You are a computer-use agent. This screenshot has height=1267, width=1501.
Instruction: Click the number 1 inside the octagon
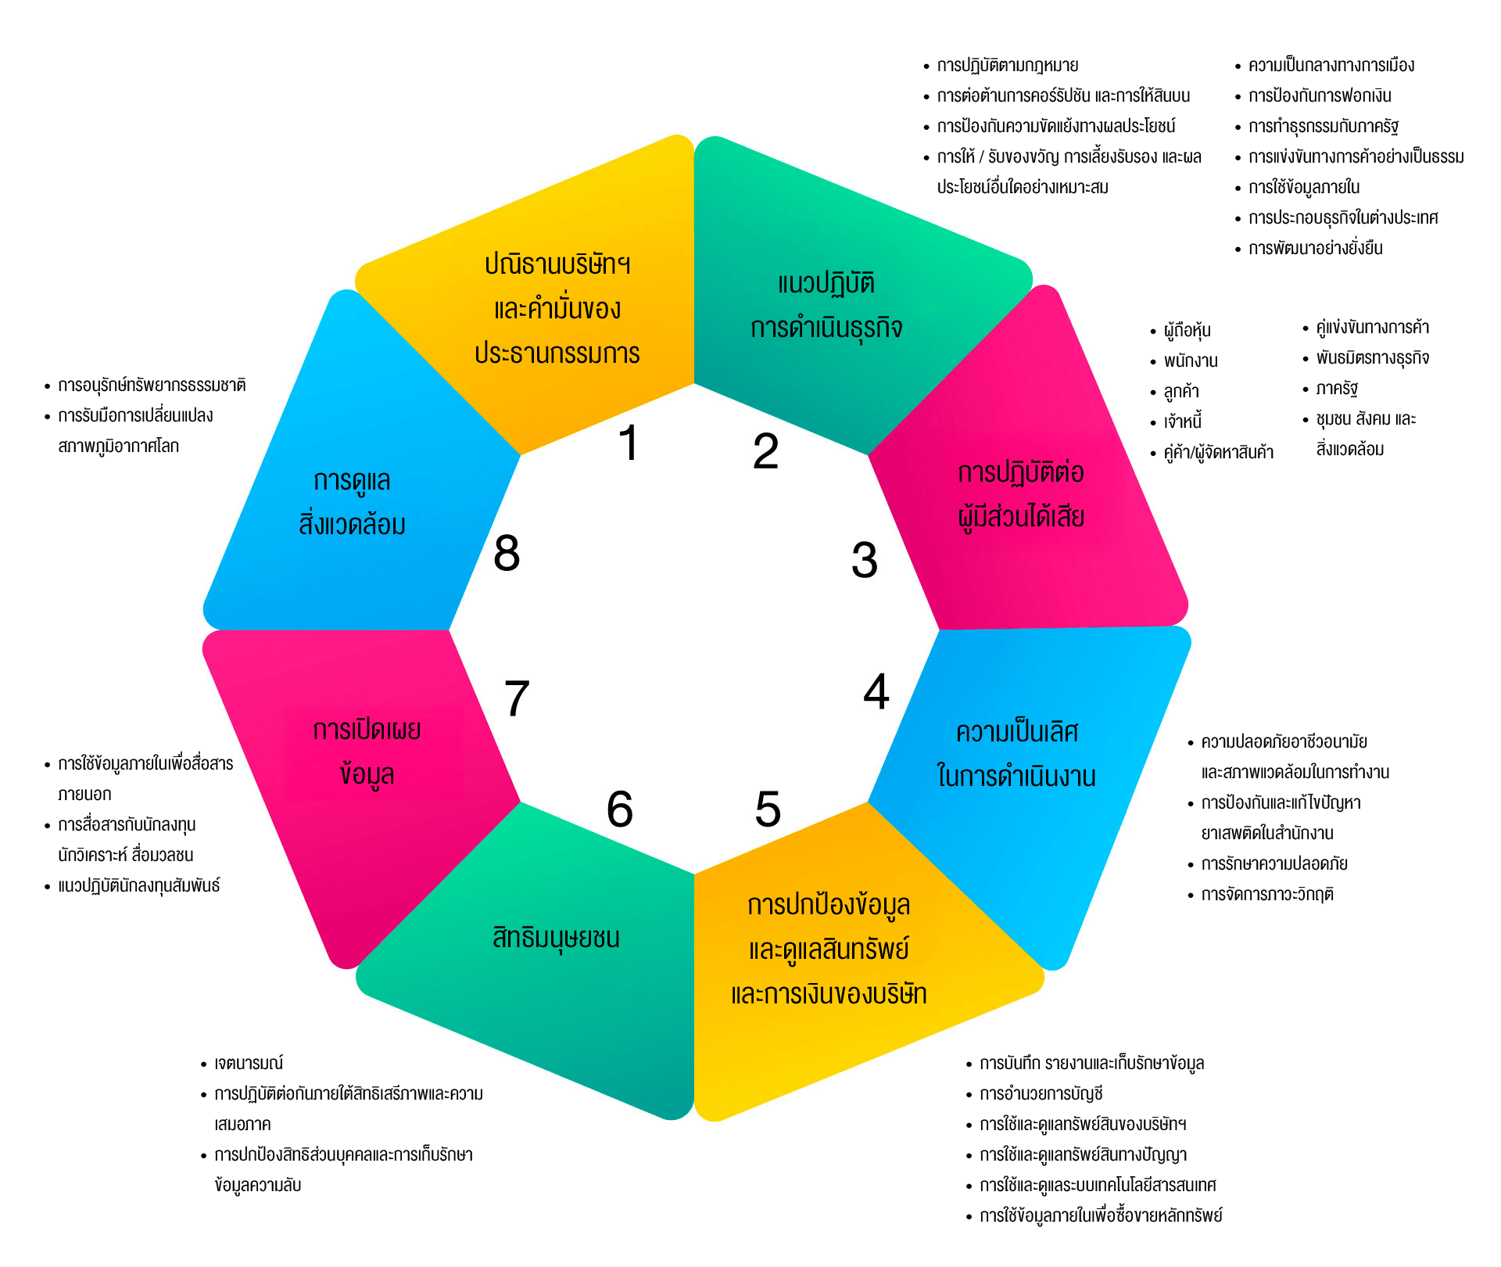point(629,443)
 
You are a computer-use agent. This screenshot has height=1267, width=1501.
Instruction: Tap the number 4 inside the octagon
point(876,692)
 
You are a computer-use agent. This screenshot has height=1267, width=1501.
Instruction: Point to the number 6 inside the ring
point(620,809)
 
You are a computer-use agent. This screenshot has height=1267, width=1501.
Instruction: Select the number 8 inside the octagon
point(507,553)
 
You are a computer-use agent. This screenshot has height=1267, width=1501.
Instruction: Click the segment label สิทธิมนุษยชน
point(556,937)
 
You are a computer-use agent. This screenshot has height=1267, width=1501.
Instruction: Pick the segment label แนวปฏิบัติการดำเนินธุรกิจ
point(826,306)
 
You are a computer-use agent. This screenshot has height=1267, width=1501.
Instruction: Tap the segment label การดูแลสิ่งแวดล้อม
point(352,502)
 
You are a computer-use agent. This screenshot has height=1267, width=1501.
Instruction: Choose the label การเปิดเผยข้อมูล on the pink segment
point(367,752)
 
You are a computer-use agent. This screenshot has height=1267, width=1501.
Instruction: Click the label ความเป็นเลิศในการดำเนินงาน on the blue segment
point(1016,754)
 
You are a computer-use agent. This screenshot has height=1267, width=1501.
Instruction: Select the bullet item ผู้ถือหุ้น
point(1187,331)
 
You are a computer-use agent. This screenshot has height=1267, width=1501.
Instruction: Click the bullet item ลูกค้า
point(1181,392)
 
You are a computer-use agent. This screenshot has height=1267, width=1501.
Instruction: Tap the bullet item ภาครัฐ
point(1337,389)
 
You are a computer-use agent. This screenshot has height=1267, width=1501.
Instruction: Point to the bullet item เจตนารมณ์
point(249,1064)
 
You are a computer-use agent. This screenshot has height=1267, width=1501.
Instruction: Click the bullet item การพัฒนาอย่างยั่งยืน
point(1316,249)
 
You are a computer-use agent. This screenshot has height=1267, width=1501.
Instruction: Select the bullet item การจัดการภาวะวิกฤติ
point(1267,895)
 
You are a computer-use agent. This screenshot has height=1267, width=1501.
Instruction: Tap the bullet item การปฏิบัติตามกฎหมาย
point(1008,66)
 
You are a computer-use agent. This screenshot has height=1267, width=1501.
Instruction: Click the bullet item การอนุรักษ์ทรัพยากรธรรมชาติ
point(152,386)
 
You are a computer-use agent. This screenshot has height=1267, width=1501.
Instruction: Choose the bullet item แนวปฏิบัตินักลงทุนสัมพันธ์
point(139,886)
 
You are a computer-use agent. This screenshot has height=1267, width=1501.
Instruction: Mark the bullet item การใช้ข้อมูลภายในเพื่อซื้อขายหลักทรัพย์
point(1101,1216)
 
